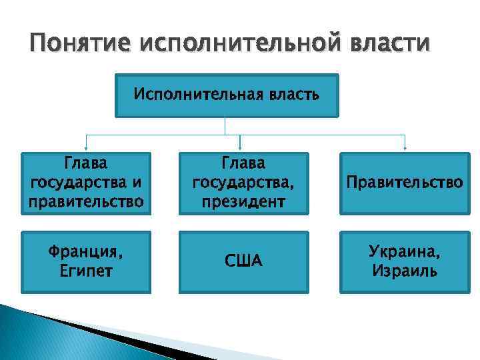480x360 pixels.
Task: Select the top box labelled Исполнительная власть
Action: (227, 95)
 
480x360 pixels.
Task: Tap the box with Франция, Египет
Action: (86, 261)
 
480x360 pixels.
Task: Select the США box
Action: (243, 261)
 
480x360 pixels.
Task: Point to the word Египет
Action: (86, 271)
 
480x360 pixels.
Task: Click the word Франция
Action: (86, 252)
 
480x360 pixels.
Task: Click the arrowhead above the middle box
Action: (239, 147)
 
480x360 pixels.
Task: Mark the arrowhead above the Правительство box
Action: (405, 147)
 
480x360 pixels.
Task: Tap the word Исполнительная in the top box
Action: (193, 95)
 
